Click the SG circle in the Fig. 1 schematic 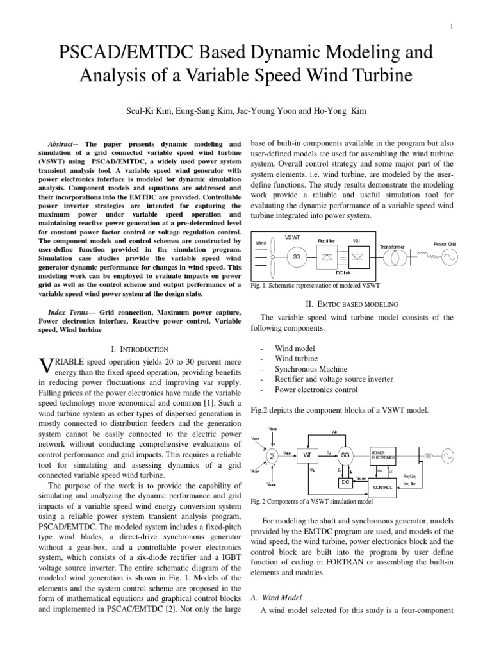[x=295, y=256]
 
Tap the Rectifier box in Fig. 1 [x=327, y=257]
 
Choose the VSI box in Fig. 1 [x=356, y=257]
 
